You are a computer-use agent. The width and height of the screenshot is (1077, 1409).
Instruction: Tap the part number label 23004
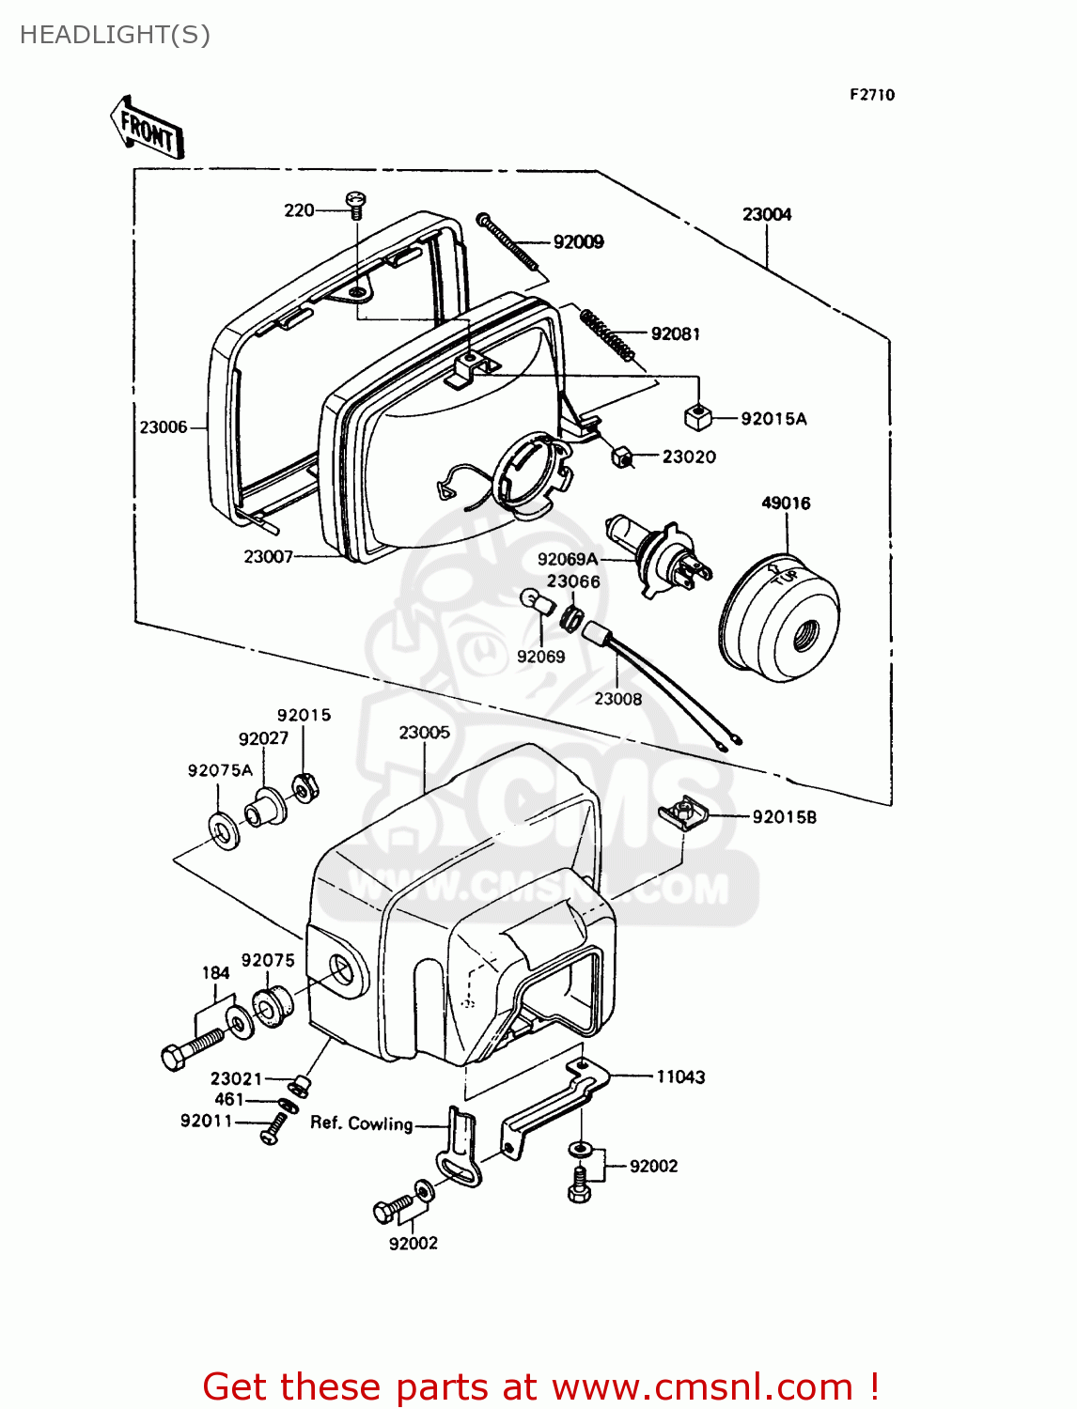pos(767,214)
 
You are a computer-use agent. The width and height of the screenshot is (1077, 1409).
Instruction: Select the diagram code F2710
pos(872,95)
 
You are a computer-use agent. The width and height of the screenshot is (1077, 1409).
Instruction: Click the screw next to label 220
pos(356,204)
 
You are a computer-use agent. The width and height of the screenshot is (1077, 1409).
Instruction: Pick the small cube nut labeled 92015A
pos(696,417)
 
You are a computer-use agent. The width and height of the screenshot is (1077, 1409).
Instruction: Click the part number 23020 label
pos(689,457)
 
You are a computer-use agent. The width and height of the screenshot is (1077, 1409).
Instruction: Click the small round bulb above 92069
pos(535,601)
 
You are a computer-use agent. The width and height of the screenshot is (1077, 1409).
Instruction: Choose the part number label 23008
pos(617,699)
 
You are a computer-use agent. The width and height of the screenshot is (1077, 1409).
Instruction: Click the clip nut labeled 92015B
pos(683,813)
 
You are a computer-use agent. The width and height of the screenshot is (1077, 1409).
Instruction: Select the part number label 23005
pos(424,732)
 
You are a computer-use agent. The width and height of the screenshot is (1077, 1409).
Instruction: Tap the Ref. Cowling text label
pos(362,1123)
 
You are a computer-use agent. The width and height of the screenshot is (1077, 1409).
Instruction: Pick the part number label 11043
pos(680,1077)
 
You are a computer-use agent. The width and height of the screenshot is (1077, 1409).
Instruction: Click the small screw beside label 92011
pos(273,1127)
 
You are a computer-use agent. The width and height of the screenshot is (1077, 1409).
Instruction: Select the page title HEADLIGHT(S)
pos(115,35)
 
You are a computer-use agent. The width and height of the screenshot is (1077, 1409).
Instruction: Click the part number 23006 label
pos(164,427)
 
